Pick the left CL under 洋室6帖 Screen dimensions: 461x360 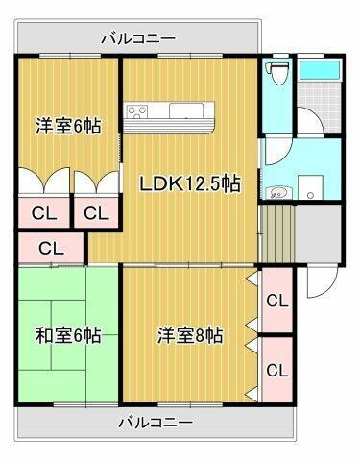tap(42, 213)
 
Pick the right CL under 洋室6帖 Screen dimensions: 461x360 tap(95, 213)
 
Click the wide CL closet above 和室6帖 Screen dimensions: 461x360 tap(51, 248)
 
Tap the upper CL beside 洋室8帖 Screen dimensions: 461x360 tap(276, 301)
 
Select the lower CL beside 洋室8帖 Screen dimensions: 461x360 tap(276, 370)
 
